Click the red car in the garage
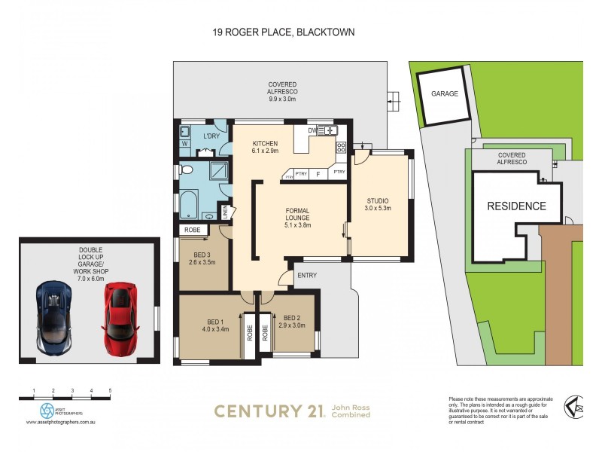(120, 311)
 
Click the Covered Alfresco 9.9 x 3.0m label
(283, 91)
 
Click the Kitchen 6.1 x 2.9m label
(266, 148)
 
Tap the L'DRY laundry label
(211, 136)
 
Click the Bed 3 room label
(202, 258)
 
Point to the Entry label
(307, 276)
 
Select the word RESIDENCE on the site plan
(516, 206)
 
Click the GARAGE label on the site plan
(445, 95)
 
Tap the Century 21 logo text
(269, 411)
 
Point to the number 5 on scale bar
(110, 390)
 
